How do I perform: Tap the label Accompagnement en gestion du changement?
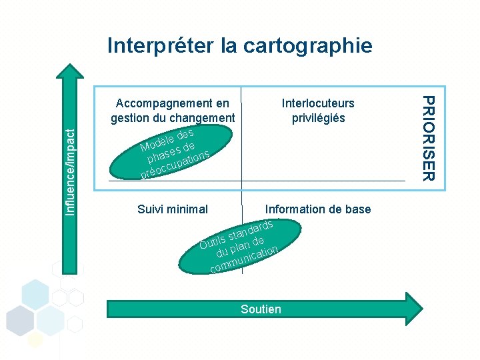(173, 111)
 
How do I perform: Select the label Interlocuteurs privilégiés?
(318, 111)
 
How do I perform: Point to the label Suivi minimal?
(173, 209)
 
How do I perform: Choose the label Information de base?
(318, 209)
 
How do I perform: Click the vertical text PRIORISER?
(429, 137)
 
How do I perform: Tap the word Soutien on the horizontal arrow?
(261, 309)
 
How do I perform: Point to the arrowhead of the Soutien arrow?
(414, 308)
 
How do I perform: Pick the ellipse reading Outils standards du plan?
(240, 247)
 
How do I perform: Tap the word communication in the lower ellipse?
(242, 260)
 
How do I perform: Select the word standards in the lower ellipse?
(250, 230)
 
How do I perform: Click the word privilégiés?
(318, 118)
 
